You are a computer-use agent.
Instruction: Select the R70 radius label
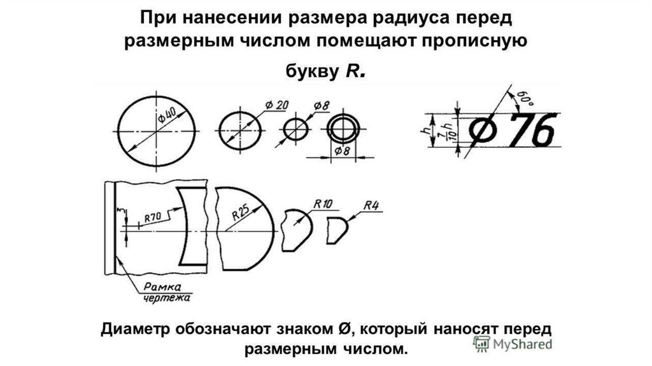click(x=153, y=217)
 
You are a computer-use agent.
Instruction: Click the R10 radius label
click(x=323, y=204)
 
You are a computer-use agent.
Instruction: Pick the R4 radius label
click(x=371, y=205)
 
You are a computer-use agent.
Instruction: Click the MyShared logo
click(x=513, y=344)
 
